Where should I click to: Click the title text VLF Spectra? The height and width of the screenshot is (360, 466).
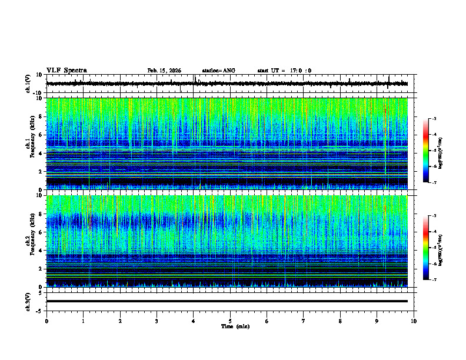pos(66,71)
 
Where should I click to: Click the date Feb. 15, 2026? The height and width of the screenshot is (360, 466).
pos(164,71)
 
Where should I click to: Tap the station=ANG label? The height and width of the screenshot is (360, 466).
pos(218,71)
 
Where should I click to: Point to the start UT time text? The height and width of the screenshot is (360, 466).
pos(284,71)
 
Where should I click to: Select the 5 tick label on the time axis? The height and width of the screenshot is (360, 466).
pos(230,321)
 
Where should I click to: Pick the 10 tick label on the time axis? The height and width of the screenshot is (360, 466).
pos(414,321)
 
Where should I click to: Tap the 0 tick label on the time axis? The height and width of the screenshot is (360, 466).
pos(46,321)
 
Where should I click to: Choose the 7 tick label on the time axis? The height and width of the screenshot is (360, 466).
pos(304,321)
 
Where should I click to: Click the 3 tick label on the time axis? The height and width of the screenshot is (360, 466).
pos(157,321)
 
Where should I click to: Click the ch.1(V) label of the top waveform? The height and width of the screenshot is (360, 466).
pos(28,84)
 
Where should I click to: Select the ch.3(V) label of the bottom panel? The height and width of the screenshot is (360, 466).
pos(28,301)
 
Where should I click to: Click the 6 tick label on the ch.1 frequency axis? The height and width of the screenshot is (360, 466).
pos(41,135)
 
